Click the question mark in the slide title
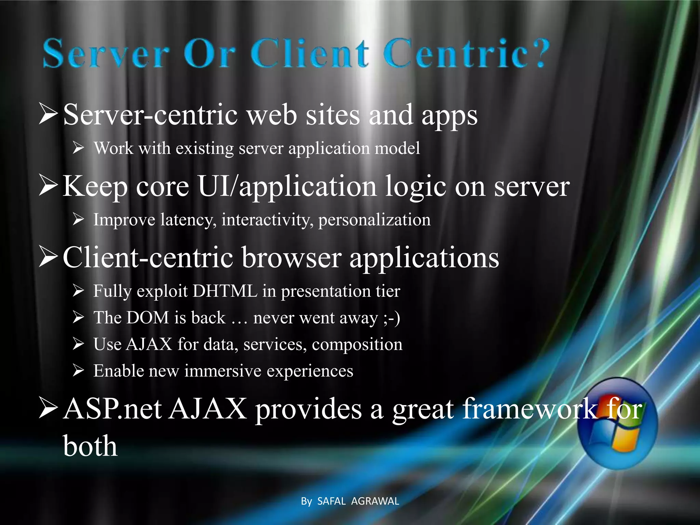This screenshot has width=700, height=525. coord(537,53)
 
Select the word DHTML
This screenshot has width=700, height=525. coord(225,291)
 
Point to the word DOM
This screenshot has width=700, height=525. coord(147,318)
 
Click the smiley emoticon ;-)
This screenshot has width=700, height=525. coord(392,318)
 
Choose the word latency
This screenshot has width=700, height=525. coord(188,220)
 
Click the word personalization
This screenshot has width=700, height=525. coord(374,220)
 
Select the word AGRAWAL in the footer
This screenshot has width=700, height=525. coord(375,501)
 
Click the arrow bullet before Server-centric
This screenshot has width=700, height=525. coord(48,115)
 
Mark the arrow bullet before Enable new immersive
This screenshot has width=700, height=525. coord(78,371)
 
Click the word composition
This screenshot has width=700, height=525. coord(357,345)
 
